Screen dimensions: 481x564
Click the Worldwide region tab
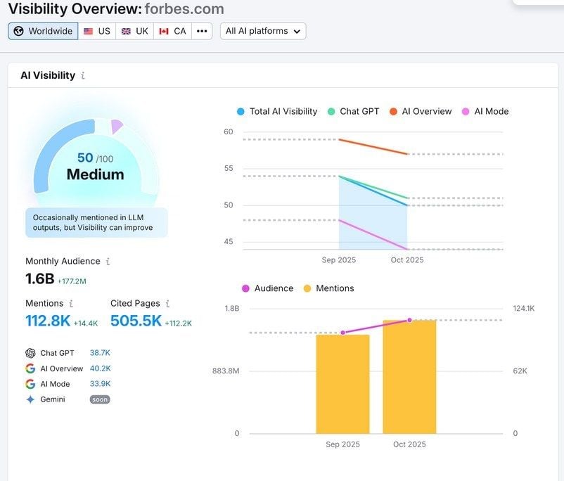(43, 31)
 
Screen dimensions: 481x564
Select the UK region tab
(134, 31)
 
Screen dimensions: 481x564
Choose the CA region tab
(172, 31)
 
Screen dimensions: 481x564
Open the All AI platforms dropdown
(263, 31)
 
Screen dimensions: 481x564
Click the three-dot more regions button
(202, 31)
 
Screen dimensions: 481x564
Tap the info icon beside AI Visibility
(83, 76)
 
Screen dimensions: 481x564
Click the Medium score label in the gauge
(95, 174)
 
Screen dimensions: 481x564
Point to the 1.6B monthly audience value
(40, 278)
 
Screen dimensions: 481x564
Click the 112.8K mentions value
(48, 321)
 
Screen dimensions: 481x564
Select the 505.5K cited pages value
(136, 321)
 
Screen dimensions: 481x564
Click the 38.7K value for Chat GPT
(100, 353)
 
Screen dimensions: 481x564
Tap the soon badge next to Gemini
(100, 399)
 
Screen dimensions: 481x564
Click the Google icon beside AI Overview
(30, 368)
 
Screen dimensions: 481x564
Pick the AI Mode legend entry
(485, 111)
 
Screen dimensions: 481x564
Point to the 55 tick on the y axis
(229, 169)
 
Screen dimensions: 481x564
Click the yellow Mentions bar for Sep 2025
(342, 384)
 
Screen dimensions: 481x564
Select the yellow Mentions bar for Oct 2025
(409, 377)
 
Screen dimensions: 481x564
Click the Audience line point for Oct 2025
(409, 320)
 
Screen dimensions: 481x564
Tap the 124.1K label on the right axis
(524, 308)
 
